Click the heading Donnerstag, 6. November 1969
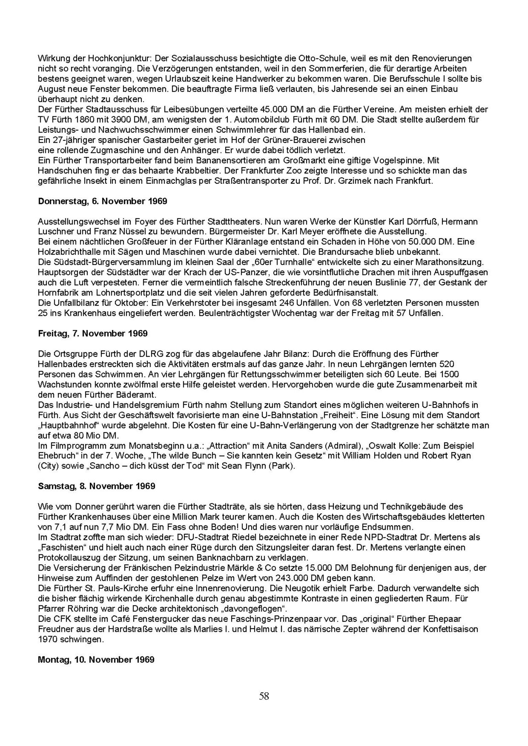point(102,202)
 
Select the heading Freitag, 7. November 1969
point(92,333)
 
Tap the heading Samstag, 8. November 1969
point(96,486)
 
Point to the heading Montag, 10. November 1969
point(96,659)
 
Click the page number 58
point(264,696)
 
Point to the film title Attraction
point(229,446)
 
